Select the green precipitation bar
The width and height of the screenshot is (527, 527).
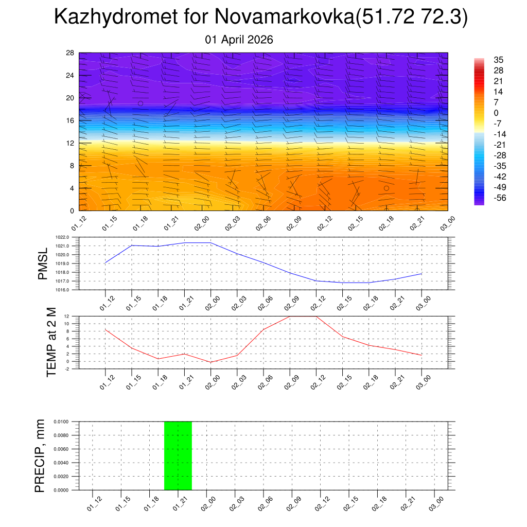[x=178, y=455]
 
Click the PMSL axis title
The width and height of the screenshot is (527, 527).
[x=43, y=263]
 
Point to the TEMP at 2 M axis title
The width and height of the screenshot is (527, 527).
[x=51, y=342]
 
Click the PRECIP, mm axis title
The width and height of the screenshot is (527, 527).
[x=40, y=455]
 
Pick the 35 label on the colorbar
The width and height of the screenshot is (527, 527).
[x=498, y=60]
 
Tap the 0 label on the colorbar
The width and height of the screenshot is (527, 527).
[x=496, y=113]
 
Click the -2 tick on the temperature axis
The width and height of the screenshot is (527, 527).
[x=68, y=368]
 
